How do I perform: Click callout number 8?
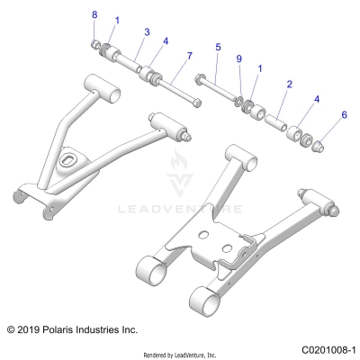94,15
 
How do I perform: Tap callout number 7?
189,57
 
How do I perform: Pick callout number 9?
238,58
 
